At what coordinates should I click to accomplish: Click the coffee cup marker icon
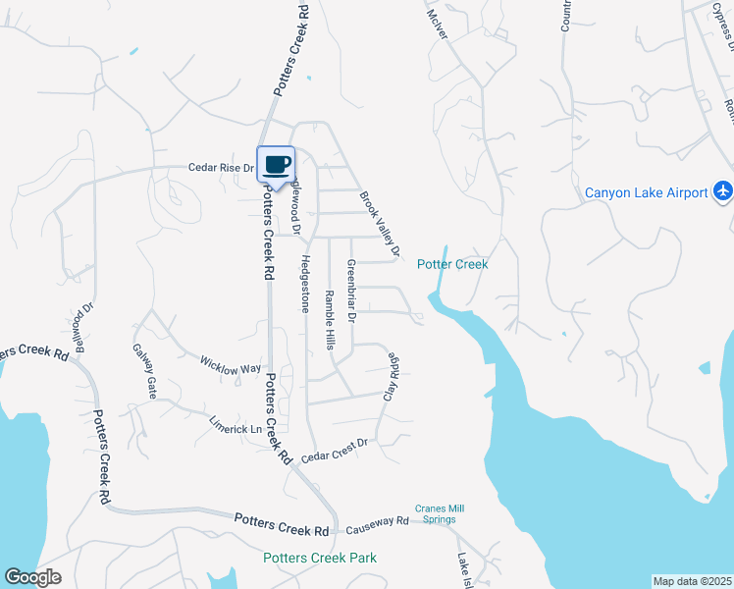pyautogui.click(x=276, y=164)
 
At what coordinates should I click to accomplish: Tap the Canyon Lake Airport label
pyautogui.click(x=646, y=192)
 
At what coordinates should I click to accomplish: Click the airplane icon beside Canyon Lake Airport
pyautogui.click(x=723, y=189)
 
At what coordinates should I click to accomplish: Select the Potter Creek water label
pyautogui.click(x=452, y=264)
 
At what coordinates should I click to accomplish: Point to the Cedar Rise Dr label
pyautogui.click(x=221, y=168)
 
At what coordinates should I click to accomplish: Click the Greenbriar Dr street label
pyautogui.click(x=351, y=291)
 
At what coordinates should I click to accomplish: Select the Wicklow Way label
pyautogui.click(x=232, y=364)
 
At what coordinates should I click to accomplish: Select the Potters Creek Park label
pyautogui.click(x=320, y=558)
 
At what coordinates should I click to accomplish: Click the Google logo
pyautogui.click(x=32, y=577)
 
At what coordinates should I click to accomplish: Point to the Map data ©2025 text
pyautogui.click(x=693, y=581)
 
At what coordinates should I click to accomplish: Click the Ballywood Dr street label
pyautogui.click(x=82, y=320)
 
